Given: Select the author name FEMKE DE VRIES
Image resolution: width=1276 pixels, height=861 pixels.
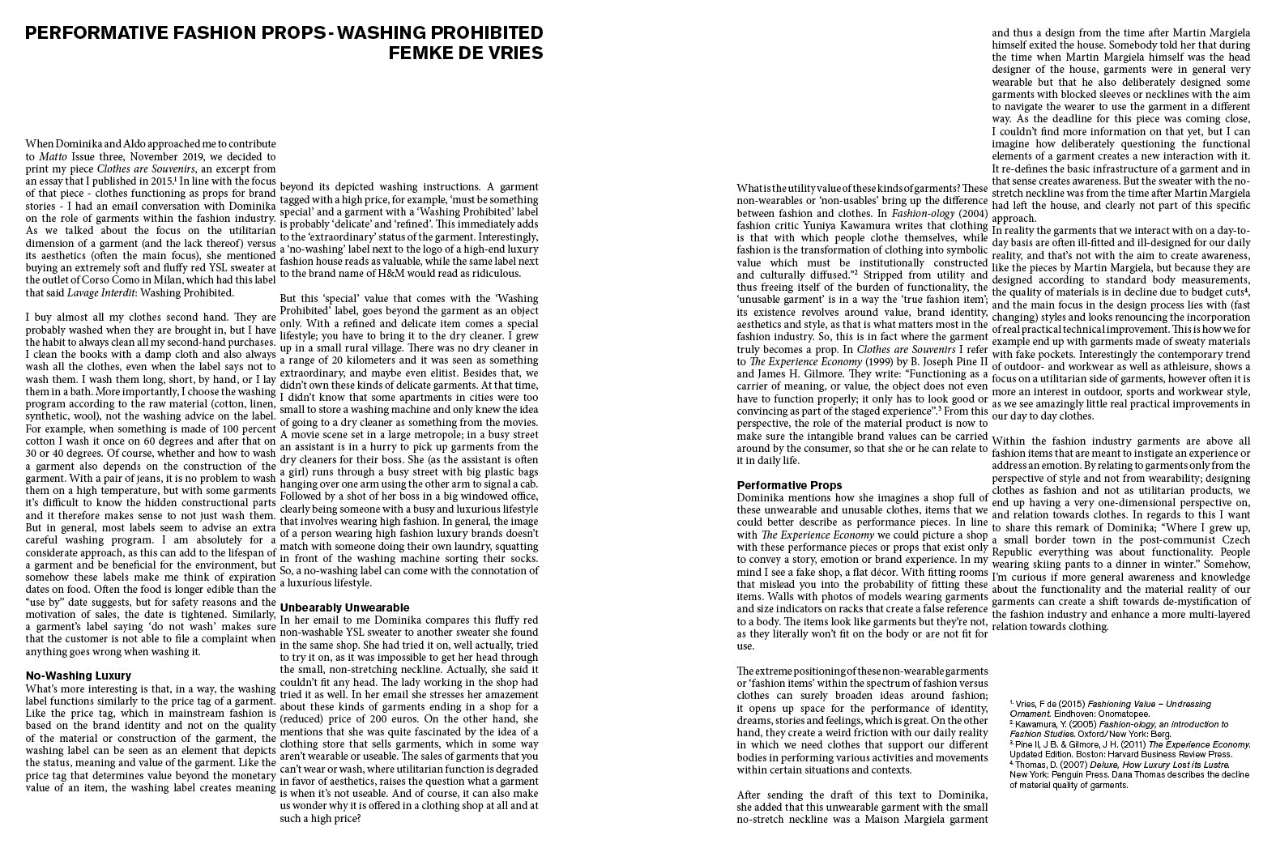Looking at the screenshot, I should coord(466,53).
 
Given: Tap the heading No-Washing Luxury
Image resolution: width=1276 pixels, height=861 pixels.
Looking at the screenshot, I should coord(78,676).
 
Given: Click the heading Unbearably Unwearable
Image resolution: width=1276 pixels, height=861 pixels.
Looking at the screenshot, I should coord(344,607).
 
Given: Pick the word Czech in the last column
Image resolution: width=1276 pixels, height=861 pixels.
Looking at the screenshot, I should coord(1233,539).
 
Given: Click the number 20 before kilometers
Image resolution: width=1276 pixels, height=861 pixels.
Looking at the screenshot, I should coord(334,360).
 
